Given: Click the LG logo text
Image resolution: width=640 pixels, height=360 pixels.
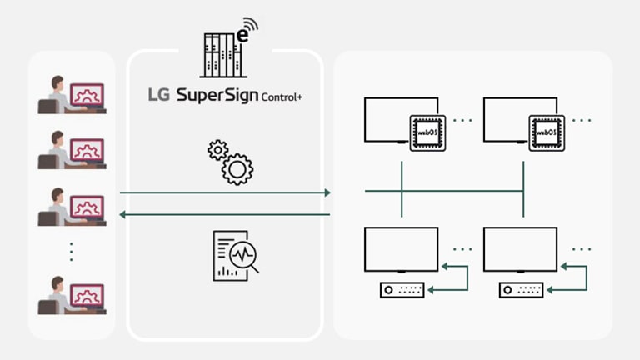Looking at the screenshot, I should (158, 95).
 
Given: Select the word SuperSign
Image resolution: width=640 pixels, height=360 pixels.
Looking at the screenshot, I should (217, 96).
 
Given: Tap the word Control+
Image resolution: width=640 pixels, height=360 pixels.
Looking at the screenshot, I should (282, 97).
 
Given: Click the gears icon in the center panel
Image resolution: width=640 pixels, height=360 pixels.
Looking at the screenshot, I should (230, 162).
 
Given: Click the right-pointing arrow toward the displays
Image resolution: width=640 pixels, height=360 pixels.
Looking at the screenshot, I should (225, 192).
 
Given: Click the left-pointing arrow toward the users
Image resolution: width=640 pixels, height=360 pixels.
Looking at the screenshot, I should (225, 215).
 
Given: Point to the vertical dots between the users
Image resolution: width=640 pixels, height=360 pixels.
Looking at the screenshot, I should (72, 250).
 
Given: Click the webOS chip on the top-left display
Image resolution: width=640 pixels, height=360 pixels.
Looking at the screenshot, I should (426, 132).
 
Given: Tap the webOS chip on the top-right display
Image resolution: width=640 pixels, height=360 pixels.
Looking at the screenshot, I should (545, 132).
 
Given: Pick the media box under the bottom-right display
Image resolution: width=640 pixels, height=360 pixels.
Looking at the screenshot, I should (522, 290).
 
